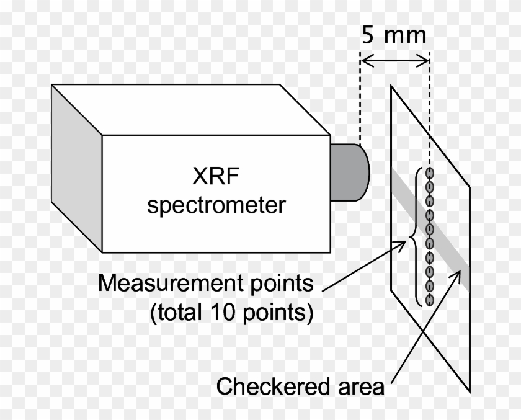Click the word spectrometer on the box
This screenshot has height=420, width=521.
pos(216,205)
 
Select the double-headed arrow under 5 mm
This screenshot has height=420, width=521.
pos(394,60)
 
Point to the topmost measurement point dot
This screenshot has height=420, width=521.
pos(429,172)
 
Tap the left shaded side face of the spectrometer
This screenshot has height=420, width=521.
pos(76,168)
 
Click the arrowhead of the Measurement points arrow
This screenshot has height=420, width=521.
pos(403,243)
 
